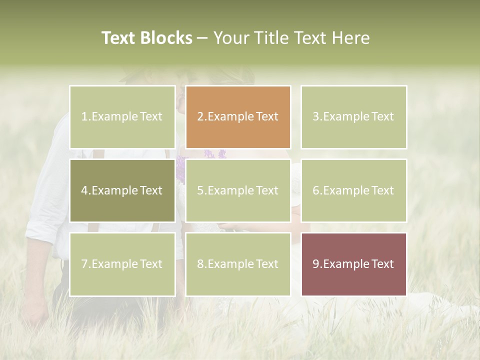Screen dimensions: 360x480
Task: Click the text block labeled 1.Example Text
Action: pyautogui.click(x=122, y=117)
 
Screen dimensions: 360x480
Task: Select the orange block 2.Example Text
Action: pyautogui.click(x=237, y=117)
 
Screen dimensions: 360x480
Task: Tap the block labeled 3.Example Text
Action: pyautogui.click(x=353, y=117)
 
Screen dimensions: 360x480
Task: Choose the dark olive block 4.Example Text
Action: pyautogui.click(x=122, y=190)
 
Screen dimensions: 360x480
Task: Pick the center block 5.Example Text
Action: pyautogui.click(x=237, y=190)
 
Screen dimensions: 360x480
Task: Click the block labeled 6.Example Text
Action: pyautogui.click(x=353, y=190)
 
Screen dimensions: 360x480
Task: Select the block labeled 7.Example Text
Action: pyautogui.click(x=122, y=264)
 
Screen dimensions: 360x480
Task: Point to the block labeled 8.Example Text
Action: pyautogui.click(x=237, y=264)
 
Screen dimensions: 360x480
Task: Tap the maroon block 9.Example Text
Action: pyautogui.click(x=353, y=264)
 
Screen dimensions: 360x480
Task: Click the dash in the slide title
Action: pyautogui.click(x=202, y=38)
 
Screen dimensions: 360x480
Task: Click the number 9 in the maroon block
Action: pyautogui.click(x=316, y=264)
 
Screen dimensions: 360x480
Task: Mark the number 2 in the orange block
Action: pyautogui.click(x=200, y=117)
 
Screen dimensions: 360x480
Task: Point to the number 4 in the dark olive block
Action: pyautogui.click(x=84, y=190)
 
